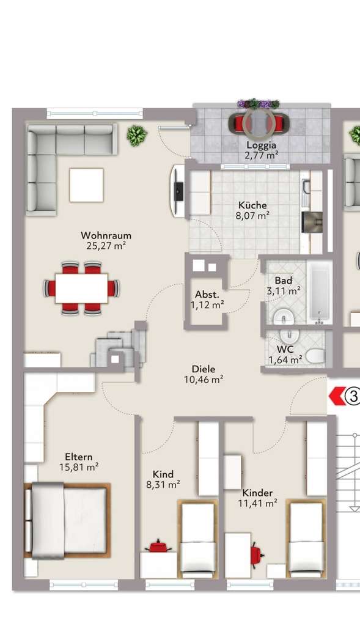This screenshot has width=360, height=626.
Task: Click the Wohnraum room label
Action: tap(106, 235)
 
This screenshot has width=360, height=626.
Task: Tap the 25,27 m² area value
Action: tap(106, 246)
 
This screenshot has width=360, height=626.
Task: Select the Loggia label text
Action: tap(261, 145)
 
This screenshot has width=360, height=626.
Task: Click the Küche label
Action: tap(252, 205)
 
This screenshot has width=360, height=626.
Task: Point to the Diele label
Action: tap(204, 369)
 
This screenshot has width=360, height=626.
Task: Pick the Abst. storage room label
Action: tap(207, 293)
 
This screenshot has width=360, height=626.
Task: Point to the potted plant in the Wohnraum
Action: tap(136, 134)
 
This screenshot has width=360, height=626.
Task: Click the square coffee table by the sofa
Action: tap(86, 185)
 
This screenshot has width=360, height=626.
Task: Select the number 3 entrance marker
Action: tap(352, 396)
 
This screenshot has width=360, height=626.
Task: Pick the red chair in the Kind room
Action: tap(159, 545)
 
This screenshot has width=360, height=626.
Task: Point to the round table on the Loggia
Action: tap(259, 124)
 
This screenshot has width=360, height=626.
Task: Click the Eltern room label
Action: tap(79, 457)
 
